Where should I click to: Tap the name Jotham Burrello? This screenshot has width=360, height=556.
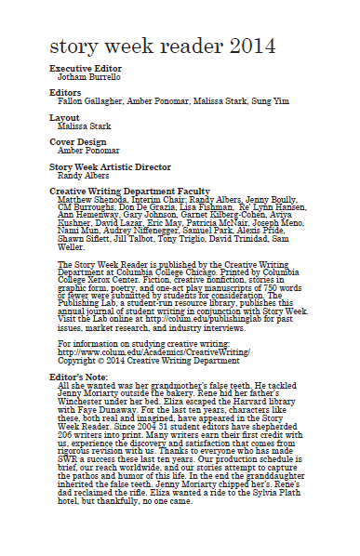(x=88, y=77)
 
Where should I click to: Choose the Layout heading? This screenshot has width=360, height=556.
(x=64, y=116)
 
